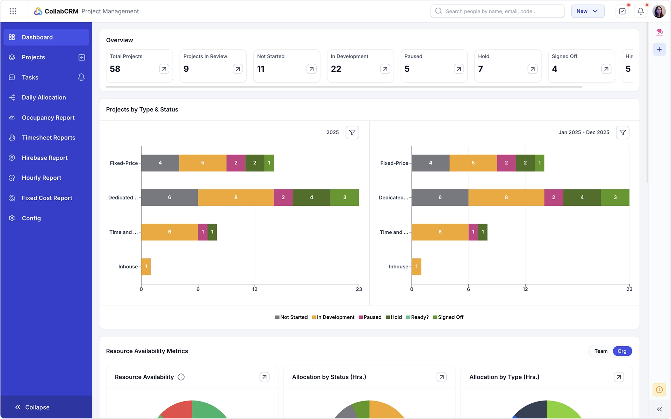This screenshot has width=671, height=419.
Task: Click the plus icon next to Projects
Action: point(82,57)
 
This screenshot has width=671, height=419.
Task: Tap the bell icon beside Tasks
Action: point(81,77)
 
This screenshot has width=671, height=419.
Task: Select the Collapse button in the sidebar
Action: point(32,407)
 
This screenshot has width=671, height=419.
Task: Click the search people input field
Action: point(497,11)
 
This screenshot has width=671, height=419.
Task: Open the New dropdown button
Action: point(588,11)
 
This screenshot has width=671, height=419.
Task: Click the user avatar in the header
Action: point(659,11)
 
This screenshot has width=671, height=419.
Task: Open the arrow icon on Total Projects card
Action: point(164,69)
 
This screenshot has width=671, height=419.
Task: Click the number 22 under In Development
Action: point(336,69)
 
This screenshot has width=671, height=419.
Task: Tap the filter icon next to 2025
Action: point(352,132)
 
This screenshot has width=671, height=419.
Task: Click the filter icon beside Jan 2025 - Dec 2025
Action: point(623,132)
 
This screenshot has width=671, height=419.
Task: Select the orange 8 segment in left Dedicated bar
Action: point(236,197)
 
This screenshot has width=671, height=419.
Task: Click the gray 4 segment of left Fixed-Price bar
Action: point(160,163)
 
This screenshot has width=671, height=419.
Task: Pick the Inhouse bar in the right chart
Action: point(416,267)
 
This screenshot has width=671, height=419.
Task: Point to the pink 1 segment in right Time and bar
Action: point(473,232)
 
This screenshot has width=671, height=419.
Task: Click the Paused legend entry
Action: point(370,317)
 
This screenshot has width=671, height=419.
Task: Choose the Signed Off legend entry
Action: point(448,317)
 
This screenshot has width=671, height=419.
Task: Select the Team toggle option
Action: point(601,351)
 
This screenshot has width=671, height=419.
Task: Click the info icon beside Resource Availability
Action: point(181,377)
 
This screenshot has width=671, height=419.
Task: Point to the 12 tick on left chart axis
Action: point(255,289)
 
